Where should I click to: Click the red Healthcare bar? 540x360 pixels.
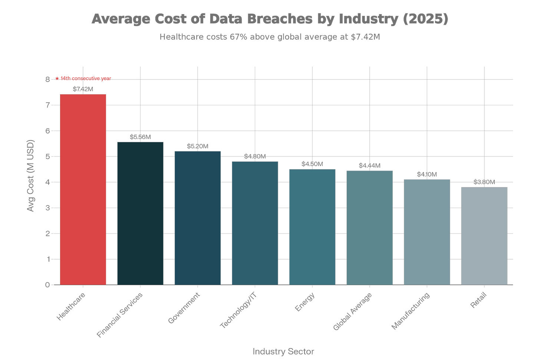pyautogui.click(x=83, y=189)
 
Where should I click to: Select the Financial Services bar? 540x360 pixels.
pyautogui.click(x=140, y=213)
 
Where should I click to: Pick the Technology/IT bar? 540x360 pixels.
pyautogui.click(x=255, y=223)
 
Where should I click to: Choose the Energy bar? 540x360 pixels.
pyautogui.click(x=312, y=227)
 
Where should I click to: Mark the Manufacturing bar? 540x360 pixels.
pyautogui.click(x=427, y=232)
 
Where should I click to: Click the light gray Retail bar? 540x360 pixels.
pyautogui.click(x=484, y=235)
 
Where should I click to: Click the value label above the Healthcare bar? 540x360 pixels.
pyautogui.click(x=83, y=89)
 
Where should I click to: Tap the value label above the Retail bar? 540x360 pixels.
pyautogui.click(x=484, y=182)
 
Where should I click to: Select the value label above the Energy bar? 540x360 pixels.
pyautogui.click(x=312, y=164)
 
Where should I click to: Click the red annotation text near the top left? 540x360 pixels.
pyautogui.click(x=83, y=78)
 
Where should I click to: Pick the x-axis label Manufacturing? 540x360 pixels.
pyautogui.click(x=411, y=311)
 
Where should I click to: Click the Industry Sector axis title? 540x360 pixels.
pyautogui.click(x=284, y=351)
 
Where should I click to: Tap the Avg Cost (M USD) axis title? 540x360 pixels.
pyautogui.click(x=31, y=176)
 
